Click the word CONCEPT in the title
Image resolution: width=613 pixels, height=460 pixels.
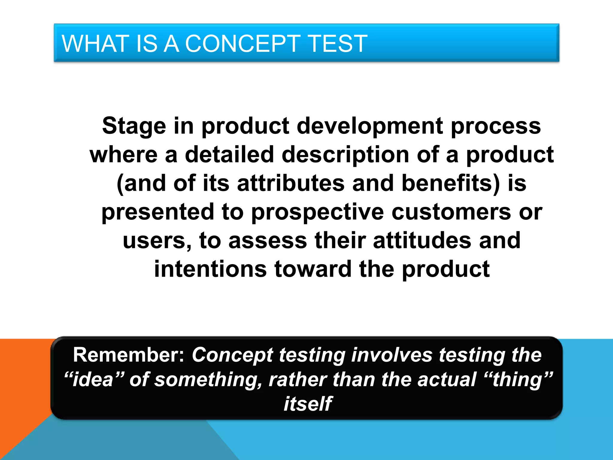[242, 44]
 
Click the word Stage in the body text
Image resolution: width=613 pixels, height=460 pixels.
[134, 126]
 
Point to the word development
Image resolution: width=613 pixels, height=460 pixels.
[370, 126]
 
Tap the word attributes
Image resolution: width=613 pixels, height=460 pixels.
[291, 183]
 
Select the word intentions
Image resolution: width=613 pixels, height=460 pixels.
[210, 269]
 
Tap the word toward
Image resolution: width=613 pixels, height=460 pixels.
[313, 269]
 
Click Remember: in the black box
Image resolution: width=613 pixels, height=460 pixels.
[129, 355]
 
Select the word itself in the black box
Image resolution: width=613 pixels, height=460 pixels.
[307, 404]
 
